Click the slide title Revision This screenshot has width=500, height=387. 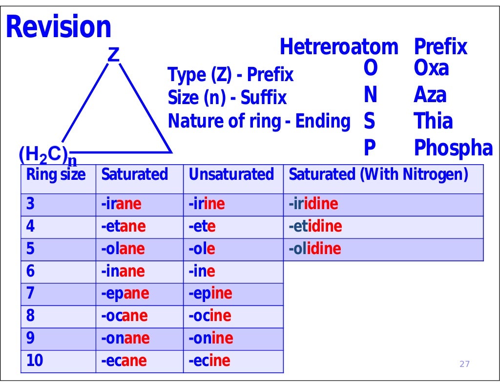coord(58,27)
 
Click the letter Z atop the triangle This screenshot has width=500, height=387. coord(113,55)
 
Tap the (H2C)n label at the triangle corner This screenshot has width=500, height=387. coord(47,156)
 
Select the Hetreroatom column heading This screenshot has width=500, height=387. coord(339,47)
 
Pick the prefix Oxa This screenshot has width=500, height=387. coord(431,68)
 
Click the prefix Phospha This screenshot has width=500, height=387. coord(453,148)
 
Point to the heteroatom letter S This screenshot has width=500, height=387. coord(369,121)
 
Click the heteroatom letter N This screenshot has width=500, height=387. coord(370,95)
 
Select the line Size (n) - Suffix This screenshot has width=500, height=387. coord(227,98)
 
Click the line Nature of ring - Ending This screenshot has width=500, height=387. coord(259,121)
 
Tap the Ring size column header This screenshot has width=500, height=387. coord(56,174)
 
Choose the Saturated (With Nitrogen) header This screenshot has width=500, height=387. coord(378,174)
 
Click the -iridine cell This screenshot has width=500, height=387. coord(313,204)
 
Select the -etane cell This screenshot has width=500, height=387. coord(123,227)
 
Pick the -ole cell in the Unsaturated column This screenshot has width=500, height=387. coord(202,249)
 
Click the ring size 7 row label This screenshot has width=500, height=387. coord(31,294)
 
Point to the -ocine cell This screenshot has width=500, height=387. coord(210,316)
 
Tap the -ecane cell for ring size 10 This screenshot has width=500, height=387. coord(124,361)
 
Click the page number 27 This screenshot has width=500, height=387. coord(464,364)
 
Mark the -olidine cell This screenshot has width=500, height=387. coord(315,249)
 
